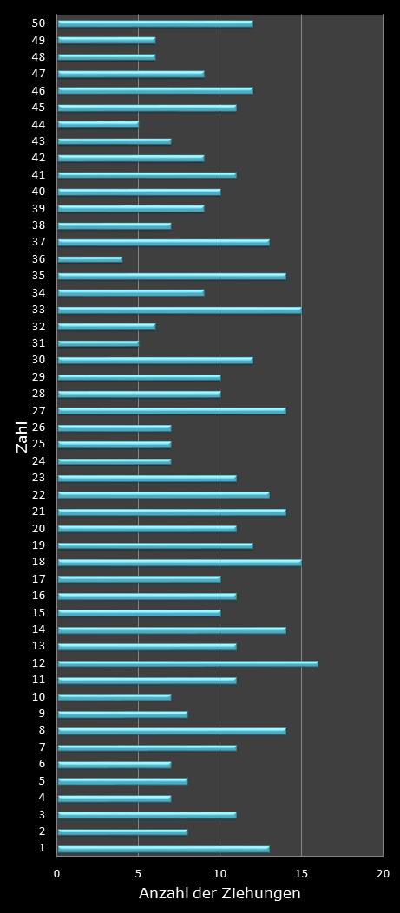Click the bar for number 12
187,663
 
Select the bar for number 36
90,258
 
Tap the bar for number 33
179,310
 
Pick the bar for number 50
154,23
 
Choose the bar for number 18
179,562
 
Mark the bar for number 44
98,124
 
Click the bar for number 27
171,410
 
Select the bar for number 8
171,731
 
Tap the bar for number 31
98,343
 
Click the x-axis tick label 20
383,874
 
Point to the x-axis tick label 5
138,874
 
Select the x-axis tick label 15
301,874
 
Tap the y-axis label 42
38,158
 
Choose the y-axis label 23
38,478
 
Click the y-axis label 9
41,714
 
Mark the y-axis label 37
38,242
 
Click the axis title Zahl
22,436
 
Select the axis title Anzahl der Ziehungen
220,894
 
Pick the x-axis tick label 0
57,874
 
